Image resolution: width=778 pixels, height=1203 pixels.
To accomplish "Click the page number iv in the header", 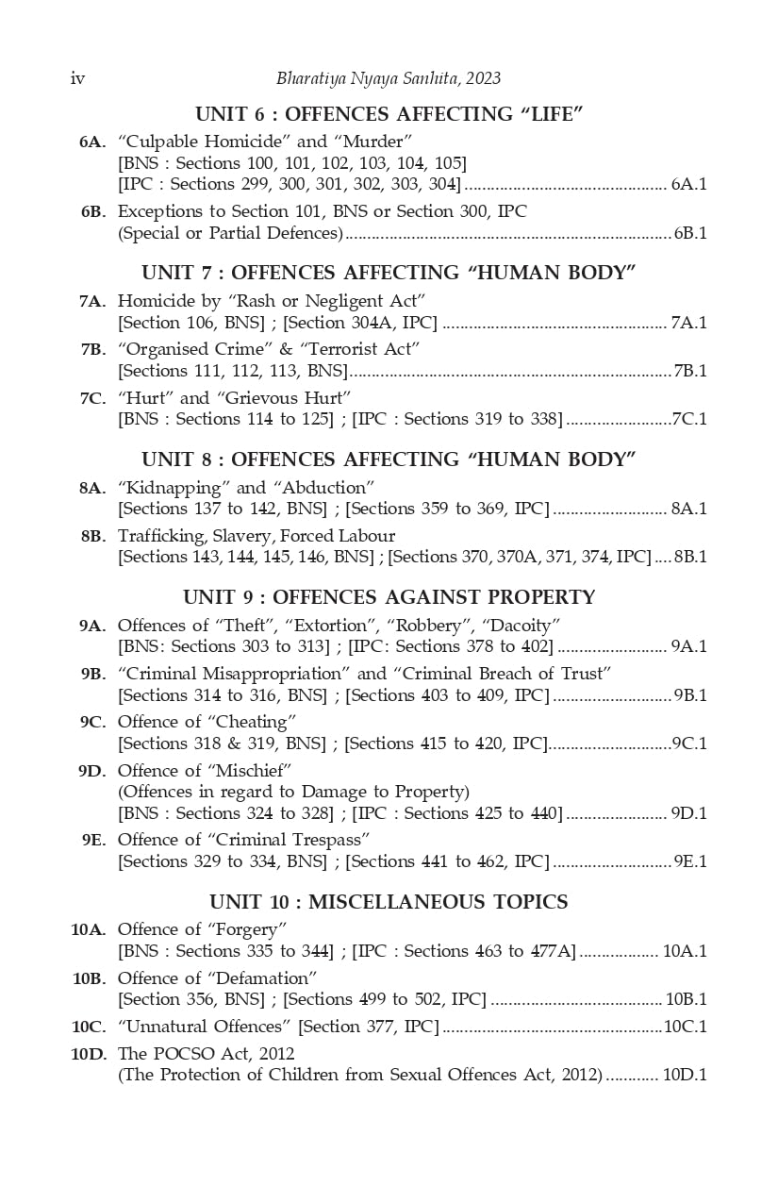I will (77, 78).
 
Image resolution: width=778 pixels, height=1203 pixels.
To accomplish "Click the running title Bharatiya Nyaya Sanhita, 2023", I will (389, 78).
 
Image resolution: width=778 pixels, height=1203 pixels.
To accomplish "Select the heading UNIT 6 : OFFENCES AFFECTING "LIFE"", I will (389, 114).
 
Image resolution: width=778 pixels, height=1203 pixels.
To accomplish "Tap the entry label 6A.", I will (91, 142).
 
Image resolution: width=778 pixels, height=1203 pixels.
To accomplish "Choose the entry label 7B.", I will (91, 349).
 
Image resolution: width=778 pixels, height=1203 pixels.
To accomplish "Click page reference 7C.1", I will (688, 419).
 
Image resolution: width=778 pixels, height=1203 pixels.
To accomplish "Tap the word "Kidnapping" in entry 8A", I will (173, 488).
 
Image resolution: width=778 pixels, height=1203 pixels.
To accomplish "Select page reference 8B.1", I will (690, 557).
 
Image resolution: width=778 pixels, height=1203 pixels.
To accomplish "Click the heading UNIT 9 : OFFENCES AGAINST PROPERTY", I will (389, 597).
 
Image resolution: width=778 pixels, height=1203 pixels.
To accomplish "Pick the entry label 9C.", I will (91, 723).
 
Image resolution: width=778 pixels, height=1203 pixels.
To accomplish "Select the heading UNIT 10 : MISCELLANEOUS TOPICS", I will (389, 902).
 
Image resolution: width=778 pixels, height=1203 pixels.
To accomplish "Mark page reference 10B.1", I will (686, 999).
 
